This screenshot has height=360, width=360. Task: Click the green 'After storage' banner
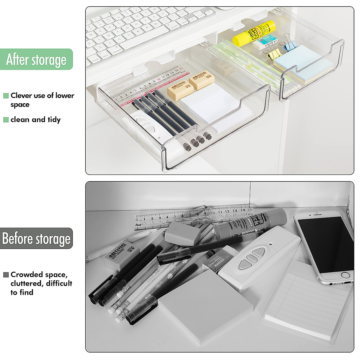click(x=36, y=59)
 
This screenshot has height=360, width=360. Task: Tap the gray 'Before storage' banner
click(x=36, y=238)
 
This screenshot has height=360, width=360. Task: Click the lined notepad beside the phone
click(x=309, y=303)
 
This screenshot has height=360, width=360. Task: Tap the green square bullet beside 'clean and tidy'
click(x=6, y=120)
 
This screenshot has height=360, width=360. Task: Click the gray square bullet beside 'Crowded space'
click(x=6, y=275)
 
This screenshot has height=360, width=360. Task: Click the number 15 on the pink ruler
click(x=181, y=69)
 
